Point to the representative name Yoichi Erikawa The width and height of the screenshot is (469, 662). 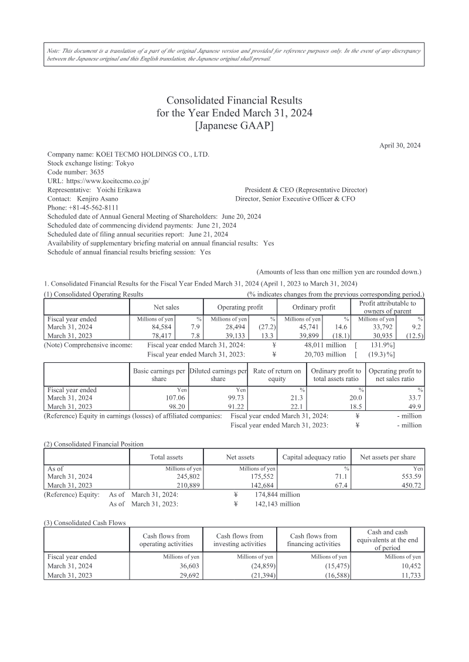point(118,190)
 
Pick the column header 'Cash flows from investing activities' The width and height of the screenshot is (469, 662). point(240,540)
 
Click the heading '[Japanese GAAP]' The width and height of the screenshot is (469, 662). point(234,125)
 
